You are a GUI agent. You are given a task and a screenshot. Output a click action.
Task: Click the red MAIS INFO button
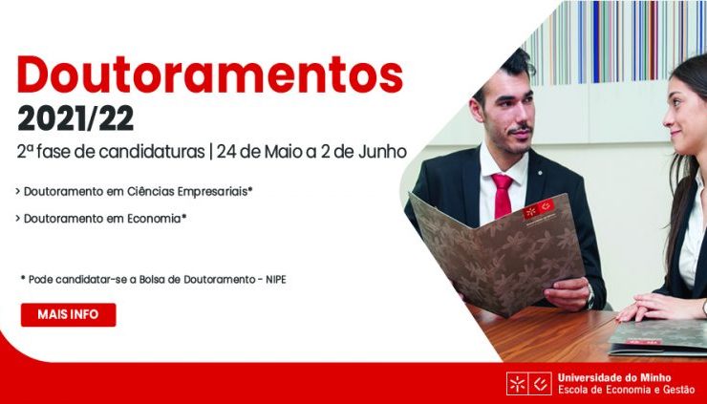pos(68,314)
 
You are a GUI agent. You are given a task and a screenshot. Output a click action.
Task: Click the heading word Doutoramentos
pos(209,74)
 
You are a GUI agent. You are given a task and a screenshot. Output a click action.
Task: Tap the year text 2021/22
pos(75,119)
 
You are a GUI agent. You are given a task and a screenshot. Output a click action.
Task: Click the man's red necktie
pos(503,196)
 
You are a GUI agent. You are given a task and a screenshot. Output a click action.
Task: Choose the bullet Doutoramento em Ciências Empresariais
pos(134,192)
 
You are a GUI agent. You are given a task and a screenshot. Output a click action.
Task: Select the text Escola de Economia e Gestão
pos(627,390)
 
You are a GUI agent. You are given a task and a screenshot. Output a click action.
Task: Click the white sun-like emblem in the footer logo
pos(517,384)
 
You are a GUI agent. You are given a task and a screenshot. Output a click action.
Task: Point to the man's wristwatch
pos(589,296)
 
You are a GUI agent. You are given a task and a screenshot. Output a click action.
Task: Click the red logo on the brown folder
pos(538,209)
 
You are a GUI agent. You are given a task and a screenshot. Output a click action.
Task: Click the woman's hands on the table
pos(653,307)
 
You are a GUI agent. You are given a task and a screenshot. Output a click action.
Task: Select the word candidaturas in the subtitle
pos(152,152)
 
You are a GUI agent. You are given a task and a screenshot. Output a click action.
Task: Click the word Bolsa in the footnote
pos(152,280)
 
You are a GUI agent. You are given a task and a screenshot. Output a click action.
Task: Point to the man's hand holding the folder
pos(567,293)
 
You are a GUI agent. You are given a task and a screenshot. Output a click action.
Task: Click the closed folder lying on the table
pos(658,337)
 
